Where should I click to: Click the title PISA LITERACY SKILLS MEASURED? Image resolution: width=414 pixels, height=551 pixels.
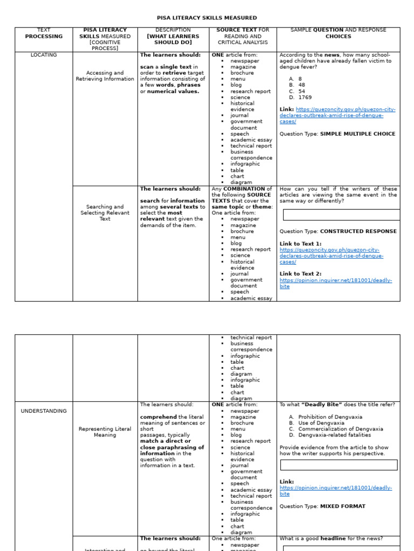click(x=207, y=18)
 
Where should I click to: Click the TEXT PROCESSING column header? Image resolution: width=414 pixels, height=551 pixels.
click(x=44, y=33)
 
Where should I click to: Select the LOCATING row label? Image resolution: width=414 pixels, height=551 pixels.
click(x=44, y=55)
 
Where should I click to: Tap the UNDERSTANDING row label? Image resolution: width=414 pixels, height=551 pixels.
click(x=44, y=411)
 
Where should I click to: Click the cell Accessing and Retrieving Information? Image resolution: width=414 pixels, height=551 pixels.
click(x=105, y=76)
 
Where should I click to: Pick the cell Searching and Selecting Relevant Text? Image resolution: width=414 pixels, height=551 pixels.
click(x=105, y=213)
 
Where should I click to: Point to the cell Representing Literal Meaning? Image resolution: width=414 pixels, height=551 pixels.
click(x=105, y=432)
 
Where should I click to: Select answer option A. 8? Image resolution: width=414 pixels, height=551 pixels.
click(x=295, y=79)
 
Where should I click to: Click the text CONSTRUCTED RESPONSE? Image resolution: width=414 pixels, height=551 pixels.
click(x=358, y=231)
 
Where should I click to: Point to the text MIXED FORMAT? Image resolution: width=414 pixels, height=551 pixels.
click(x=342, y=506)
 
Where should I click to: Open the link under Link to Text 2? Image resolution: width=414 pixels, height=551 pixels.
click(x=335, y=283)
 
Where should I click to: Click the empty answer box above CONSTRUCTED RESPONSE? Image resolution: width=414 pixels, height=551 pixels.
click(x=341, y=215)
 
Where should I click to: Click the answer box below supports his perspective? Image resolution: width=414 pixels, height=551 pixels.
click(x=339, y=465)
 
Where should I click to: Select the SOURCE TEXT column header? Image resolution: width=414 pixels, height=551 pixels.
click(x=243, y=36)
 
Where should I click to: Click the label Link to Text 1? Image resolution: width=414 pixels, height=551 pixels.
click(x=300, y=244)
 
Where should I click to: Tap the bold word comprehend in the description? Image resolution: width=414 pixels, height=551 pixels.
click(x=158, y=417)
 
